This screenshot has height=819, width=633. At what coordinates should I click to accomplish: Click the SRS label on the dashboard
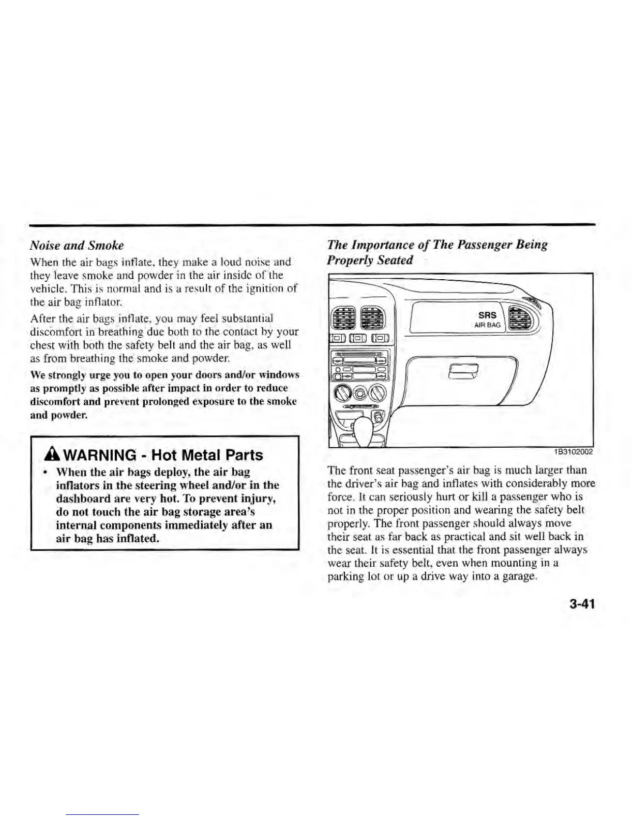[487, 315]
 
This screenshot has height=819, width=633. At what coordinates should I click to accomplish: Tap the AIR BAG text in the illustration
[487, 325]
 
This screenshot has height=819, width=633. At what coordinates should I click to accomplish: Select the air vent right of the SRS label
[519, 318]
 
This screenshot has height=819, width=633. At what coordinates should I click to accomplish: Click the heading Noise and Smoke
[77, 245]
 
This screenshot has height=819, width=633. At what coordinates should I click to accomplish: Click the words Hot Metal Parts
[209, 456]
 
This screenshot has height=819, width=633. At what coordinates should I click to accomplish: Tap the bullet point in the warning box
[46, 472]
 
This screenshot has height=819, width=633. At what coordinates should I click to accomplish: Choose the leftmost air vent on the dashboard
[343, 317]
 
